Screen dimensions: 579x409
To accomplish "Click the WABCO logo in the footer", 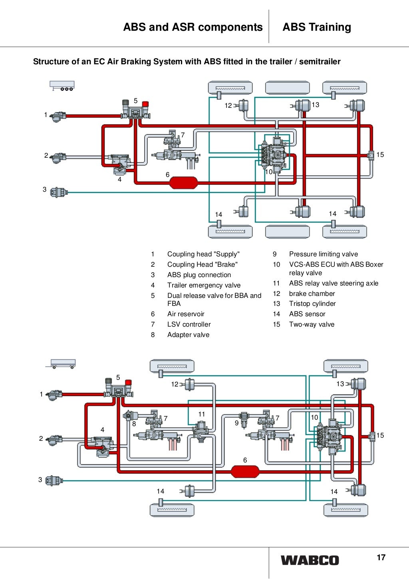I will tap(310, 560).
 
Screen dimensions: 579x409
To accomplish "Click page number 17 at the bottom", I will tap(381, 557).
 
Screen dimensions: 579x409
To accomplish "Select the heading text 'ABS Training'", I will tap(317, 27).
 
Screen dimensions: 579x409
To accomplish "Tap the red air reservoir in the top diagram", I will tap(183, 182).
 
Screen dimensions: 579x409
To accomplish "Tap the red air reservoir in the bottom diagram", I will tap(245, 472).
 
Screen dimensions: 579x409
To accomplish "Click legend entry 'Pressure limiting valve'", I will tap(323, 254).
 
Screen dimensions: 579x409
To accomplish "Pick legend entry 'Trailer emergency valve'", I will tap(204, 285).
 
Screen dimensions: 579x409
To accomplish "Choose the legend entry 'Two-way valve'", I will tap(312, 324).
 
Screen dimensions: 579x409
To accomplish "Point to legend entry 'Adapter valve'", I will tap(188, 335).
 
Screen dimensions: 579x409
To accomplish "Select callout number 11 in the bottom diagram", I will tap(202, 414).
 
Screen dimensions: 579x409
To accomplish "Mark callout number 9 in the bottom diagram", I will tap(236, 423).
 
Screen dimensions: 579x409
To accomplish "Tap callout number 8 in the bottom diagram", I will tap(134, 424).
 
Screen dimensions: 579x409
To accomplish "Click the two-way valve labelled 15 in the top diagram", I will tap(371, 155).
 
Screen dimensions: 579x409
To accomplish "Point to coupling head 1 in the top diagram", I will tap(58, 116).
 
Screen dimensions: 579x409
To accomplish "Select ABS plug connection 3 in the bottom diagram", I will tap(54, 480).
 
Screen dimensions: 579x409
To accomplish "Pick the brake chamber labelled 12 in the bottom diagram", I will tap(189, 385).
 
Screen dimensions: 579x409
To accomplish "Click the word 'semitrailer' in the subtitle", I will tap(320, 61).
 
